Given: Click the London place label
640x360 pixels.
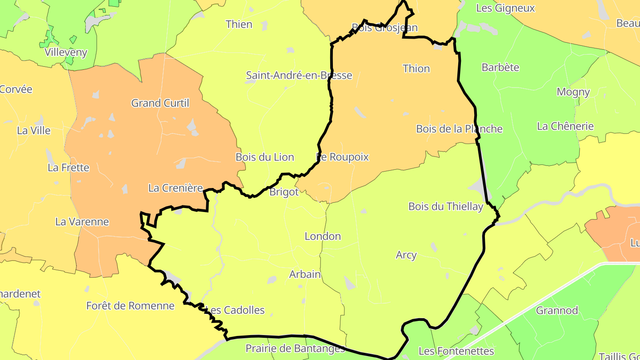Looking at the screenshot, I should click(x=323, y=236).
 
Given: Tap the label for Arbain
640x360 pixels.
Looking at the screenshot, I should click(x=305, y=274).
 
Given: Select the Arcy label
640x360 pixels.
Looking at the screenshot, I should click(x=406, y=255).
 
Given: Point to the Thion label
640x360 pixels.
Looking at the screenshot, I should click(x=416, y=68).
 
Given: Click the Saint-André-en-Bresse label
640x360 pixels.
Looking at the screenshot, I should click(x=299, y=76).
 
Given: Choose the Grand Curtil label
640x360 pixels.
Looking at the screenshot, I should click(x=160, y=103).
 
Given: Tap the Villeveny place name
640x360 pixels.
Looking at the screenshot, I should click(x=66, y=52).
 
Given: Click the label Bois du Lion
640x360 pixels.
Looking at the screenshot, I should click(x=265, y=157).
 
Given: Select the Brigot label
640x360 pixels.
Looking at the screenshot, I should click(x=284, y=192).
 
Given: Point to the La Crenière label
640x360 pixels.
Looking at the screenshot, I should click(x=176, y=188).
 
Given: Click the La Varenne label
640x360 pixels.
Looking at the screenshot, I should click(x=82, y=222).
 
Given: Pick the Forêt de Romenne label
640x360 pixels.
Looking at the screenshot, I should click(x=130, y=306).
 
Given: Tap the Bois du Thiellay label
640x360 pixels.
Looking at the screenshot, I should click(x=445, y=207).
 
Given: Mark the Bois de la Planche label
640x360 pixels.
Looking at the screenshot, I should click(x=459, y=129).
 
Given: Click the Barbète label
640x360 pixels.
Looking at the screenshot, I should click(x=500, y=68).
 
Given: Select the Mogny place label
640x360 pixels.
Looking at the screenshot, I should click(x=573, y=92).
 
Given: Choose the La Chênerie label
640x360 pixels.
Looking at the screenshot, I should click(x=565, y=126).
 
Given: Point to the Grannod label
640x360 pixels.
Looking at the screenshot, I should click(x=557, y=310).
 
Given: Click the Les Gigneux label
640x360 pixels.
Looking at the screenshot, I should click(x=505, y=8).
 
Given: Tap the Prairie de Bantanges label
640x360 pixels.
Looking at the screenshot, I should click(x=295, y=348).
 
